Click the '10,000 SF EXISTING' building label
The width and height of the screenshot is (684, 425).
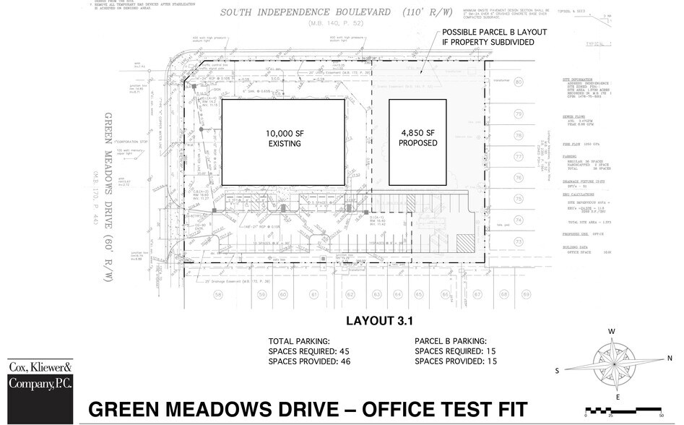[282, 139]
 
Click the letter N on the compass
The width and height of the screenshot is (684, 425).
[669, 358]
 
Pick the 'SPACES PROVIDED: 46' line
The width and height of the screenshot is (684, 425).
[309, 361]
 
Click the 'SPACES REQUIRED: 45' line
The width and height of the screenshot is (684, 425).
[309, 351]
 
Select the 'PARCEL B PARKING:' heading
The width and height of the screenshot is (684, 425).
[451, 340]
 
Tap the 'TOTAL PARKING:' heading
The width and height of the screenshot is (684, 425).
[300, 340]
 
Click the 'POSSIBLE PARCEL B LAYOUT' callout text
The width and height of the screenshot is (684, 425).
[495, 33]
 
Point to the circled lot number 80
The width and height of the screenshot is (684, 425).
[518, 82]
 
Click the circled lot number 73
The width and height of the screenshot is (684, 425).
[518, 241]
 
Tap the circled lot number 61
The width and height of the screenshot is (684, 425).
[313, 295]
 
